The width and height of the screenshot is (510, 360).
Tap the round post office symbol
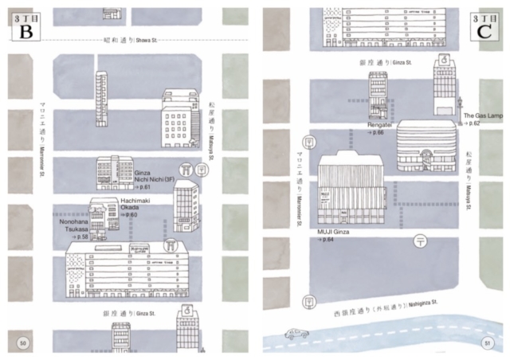tap(421, 241)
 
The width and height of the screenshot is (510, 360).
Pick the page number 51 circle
tap(487, 343)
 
